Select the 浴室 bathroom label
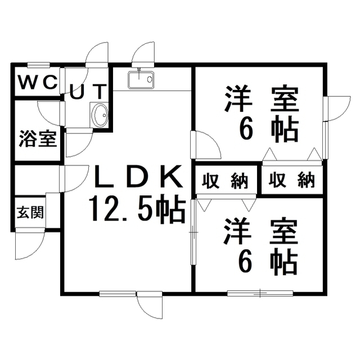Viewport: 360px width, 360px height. pyautogui.click(x=38, y=138)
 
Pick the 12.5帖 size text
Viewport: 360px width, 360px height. pyautogui.click(x=137, y=210)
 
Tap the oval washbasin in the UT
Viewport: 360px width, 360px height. pyautogui.click(x=100, y=116)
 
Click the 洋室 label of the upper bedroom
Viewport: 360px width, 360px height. pyautogui.click(x=262, y=99)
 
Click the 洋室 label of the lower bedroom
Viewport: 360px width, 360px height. pyautogui.click(x=262, y=232)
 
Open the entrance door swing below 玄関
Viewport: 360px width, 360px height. pyautogui.click(x=29, y=245)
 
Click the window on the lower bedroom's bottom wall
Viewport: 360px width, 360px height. pyautogui.click(x=260, y=292)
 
